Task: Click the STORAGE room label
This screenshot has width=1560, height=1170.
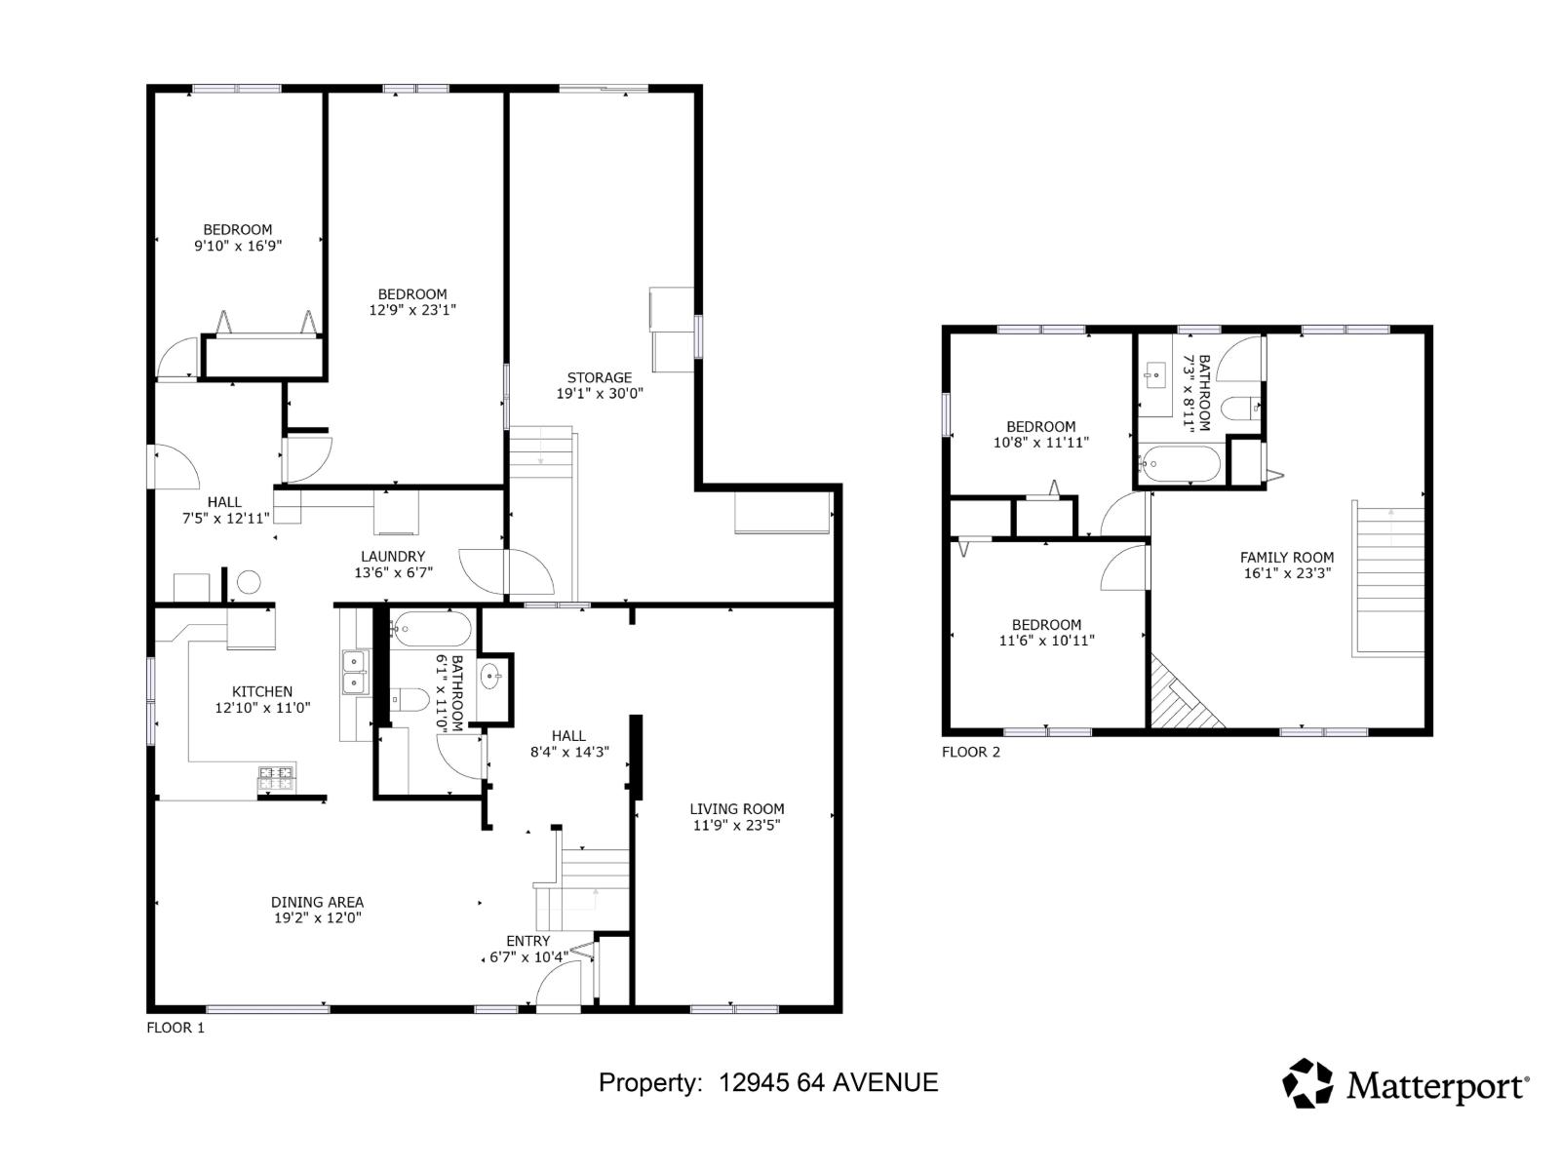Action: click(600, 377)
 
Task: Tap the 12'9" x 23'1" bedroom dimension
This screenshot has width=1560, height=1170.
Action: click(412, 310)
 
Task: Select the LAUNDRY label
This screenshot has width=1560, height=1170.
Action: click(393, 557)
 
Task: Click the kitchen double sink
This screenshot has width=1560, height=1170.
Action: click(355, 673)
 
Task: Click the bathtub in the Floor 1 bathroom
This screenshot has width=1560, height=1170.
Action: click(429, 627)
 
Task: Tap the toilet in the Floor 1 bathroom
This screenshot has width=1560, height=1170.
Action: click(409, 701)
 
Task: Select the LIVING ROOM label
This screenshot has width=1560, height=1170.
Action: click(736, 808)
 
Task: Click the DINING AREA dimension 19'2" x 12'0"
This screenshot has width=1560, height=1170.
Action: click(317, 918)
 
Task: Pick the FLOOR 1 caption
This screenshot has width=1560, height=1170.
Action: click(175, 1028)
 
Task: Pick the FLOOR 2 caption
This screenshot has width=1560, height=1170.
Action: click(970, 752)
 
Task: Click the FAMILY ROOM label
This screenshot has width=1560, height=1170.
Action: click(1286, 558)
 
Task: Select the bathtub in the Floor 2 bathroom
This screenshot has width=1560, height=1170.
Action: click(1179, 464)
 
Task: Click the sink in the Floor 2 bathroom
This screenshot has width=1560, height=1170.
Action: click(1156, 372)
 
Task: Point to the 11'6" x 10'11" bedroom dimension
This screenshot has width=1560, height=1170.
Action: click(1046, 641)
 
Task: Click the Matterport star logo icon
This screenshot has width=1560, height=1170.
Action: click(1306, 1083)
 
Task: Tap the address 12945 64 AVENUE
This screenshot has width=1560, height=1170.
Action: click(828, 1082)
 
